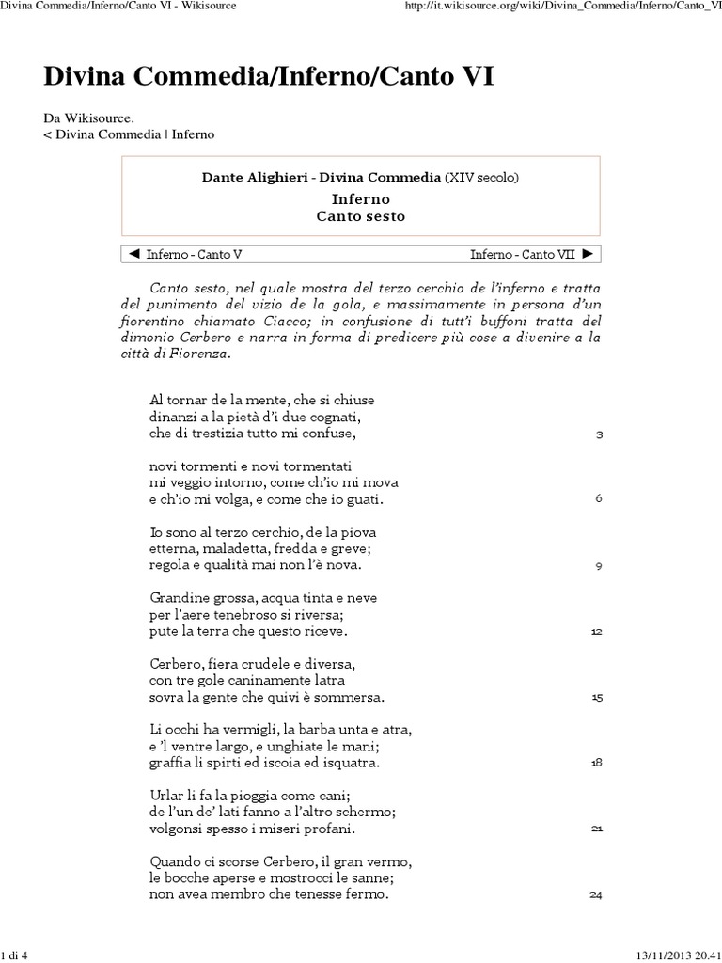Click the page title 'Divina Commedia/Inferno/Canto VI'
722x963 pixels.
268,77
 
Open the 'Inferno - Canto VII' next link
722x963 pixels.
524,254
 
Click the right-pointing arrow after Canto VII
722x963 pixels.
589,254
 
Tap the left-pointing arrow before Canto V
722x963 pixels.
133,254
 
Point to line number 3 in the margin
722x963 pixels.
598,435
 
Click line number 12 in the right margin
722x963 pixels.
596,631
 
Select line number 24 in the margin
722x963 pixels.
595,895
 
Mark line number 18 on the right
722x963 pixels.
596,764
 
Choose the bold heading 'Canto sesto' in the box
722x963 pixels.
361,215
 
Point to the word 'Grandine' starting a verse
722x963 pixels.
178,596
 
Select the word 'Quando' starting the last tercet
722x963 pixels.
173,860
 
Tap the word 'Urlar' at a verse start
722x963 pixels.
165,795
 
